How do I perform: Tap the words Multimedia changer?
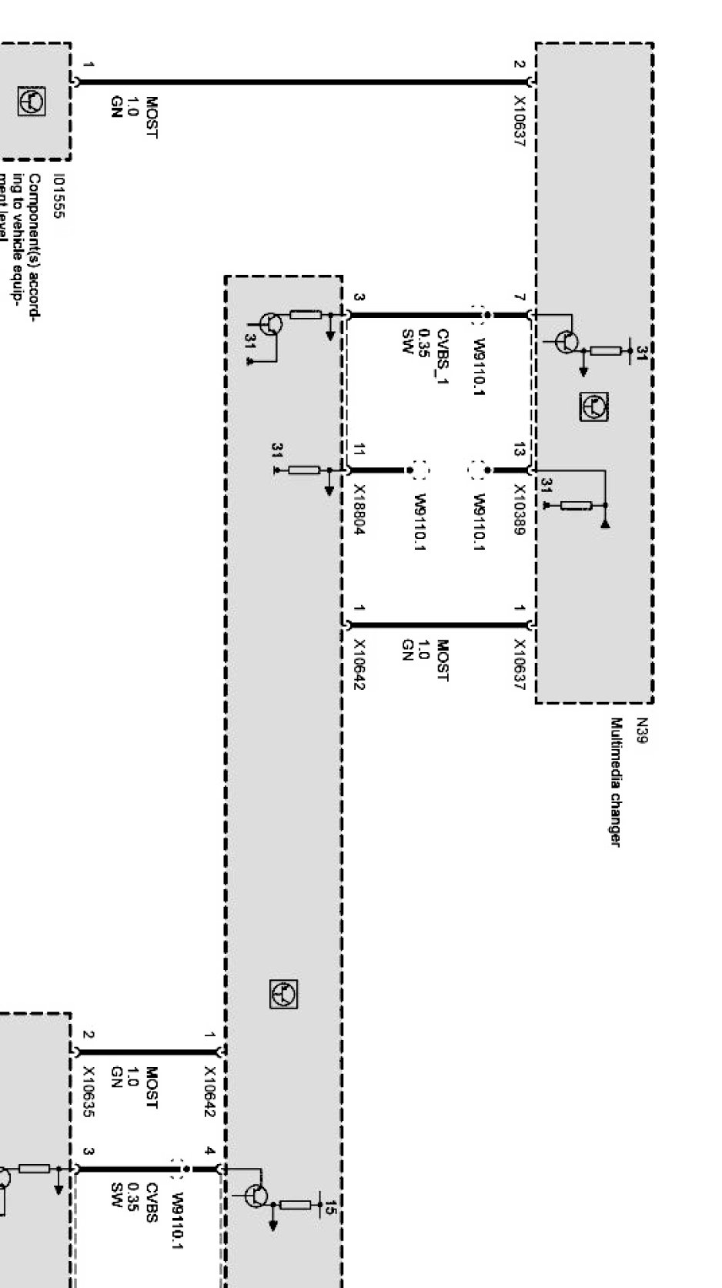615,781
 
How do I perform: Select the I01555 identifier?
59,196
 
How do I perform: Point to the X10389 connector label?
520,510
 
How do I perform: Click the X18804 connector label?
359,510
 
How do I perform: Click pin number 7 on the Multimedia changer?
520,297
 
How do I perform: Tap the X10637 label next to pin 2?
520,122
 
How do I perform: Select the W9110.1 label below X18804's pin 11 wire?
419,522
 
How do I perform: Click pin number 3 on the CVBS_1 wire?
359,297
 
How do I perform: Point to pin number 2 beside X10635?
89,1035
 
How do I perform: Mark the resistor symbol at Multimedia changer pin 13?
576,505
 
